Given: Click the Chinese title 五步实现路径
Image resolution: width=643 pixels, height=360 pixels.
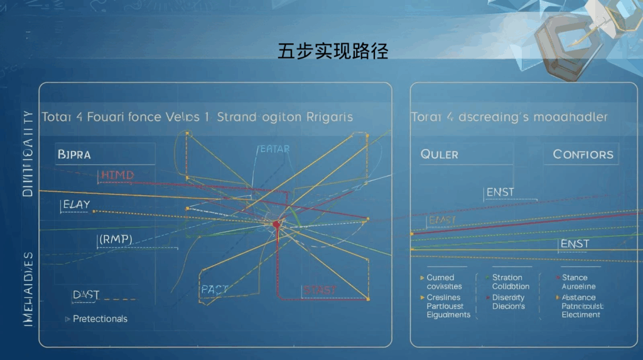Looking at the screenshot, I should tap(333, 51).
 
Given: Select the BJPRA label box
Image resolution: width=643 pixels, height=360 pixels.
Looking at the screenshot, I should tap(74, 154).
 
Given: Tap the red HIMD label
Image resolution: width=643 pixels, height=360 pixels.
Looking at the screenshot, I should tap(117, 175).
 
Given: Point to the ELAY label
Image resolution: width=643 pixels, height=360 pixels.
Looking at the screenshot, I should tap(76, 204).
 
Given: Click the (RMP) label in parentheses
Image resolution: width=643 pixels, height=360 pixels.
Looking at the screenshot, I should tap(116, 239).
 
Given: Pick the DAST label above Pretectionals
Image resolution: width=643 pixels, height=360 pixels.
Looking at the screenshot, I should tap(86, 294).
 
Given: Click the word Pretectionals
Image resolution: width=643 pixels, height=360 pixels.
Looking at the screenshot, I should tap(100, 319).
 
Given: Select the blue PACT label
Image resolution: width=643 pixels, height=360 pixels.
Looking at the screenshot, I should tap(214, 290).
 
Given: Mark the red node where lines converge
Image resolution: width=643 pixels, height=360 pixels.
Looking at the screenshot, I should tap(276, 224).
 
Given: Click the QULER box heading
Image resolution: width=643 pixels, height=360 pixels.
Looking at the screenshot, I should tap(439, 155).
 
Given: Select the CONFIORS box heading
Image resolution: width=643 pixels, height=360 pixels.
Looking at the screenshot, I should tap(583, 155).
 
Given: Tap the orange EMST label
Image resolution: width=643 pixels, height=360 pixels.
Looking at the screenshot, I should tap(441, 220).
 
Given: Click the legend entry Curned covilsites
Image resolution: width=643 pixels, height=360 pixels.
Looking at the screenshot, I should tap(445, 281).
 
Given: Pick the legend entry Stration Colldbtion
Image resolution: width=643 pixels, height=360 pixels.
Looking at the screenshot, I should tap(511, 281).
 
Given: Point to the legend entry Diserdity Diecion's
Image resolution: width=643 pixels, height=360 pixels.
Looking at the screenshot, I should tap(509, 302).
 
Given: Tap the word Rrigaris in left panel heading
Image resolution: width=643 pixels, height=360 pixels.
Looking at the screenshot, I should tap(330, 117).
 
